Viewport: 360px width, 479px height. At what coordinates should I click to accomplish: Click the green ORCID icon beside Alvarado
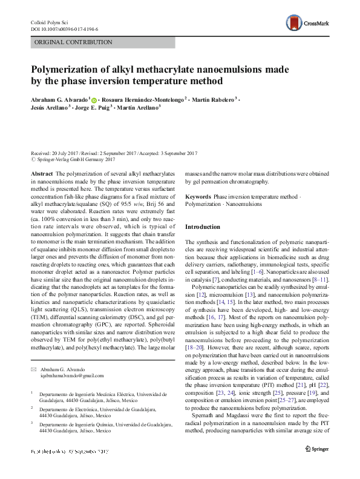(94, 99)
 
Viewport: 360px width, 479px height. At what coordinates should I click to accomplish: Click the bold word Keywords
(198, 197)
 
